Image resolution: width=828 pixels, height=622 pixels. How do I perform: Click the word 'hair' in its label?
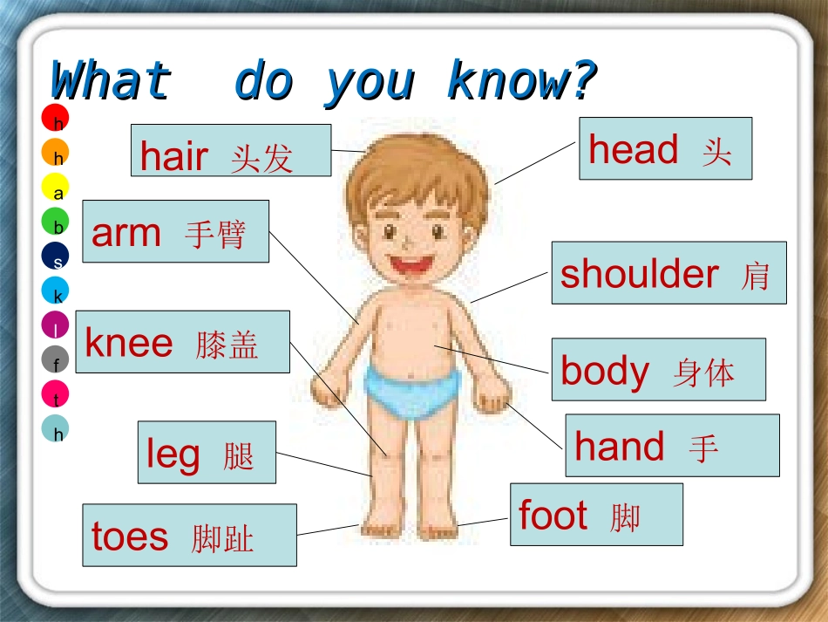click(x=174, y=156)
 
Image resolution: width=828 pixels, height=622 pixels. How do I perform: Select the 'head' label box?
click(x=665, y=148)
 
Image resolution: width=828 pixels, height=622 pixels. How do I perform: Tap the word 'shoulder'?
click(x=639, y=274)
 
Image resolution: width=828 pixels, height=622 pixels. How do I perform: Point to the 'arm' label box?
click(x=175, y=231)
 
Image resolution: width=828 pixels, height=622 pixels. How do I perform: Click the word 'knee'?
click(x=129, y=343)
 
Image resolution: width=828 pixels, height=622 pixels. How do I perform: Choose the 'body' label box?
click(x=658, y=370)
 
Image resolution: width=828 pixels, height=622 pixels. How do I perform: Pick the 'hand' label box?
click(x=672, y=446)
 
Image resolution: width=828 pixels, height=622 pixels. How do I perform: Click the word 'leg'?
click(x=173, y=455)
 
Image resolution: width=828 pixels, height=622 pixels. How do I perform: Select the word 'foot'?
click(x=553, y=515)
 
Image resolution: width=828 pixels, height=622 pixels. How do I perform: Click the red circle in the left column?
click(x=55, y=117)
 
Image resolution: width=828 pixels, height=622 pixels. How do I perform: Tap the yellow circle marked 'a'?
click(x=55, y=187)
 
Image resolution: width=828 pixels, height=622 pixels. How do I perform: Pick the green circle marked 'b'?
click(x=55, y=222)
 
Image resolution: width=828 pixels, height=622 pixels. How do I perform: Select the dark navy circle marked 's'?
click(x=55, y=256)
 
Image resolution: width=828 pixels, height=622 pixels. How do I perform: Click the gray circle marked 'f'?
click(x=55, y=359)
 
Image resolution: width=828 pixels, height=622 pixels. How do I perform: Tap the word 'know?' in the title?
click(x=521, y=82)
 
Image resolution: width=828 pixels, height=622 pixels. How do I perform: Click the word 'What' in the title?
click(x=110, y=82)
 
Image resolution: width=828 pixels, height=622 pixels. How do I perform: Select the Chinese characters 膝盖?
click(x=227, y=345)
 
